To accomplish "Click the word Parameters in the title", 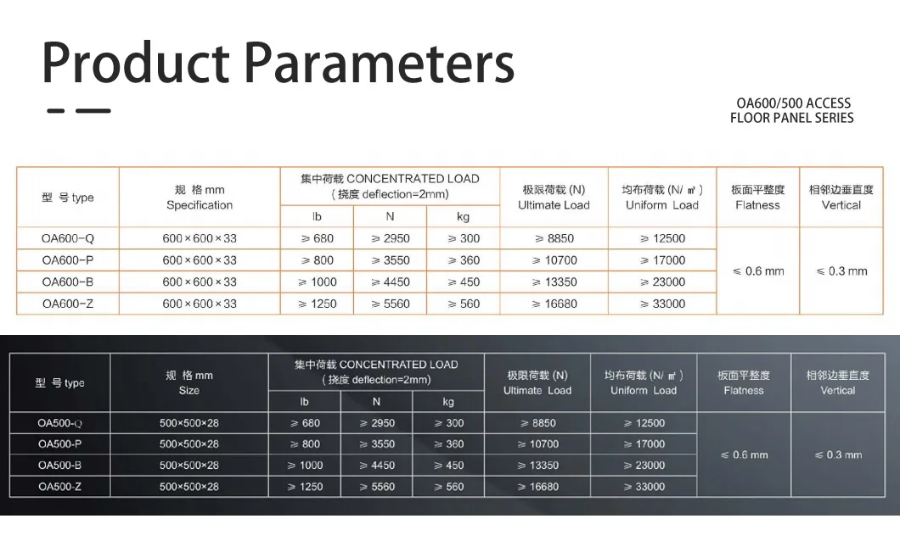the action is pyautogui.click(x=380, y=62).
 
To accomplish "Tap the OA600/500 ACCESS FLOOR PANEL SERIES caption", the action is pyautogui.click(x=792, y=110).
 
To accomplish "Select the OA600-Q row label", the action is pyautogui.click(x=68, y=238).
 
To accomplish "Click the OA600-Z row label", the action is pyautogui.click(x=68, y=304).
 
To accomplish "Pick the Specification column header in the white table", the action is pyautogui.click(x=200, y=205).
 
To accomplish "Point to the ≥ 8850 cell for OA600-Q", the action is pyautogui.click(x=554, y=238).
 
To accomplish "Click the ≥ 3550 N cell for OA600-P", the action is pyautogui.click(x=391, y=260).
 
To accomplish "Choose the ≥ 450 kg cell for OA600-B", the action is pyautogui.click(x=464, y=282).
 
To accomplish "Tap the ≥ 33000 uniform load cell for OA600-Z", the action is pyautogui.click(x=662, y=304).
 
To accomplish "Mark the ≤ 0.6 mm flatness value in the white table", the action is pyautogui.click(x=758, y=271).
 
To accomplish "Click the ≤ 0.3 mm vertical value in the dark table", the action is pyautogui.click(x=838, y=455).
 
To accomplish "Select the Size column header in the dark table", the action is pyautogui.click(x=188, y=391).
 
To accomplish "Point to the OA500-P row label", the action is pyautogui.click(x=59, y=444).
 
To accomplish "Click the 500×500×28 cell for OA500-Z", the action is pyautogui.click(x=188, y=487).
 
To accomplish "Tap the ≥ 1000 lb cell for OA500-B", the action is pyautogui.click(x=305, y=466).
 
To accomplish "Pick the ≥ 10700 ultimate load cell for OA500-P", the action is pyautogui.click(x=537, y=444).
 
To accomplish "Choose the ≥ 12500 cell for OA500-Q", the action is pyautogui.click(x=644, y=423).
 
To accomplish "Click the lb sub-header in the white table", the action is pyautogui.click(x=317, y=216).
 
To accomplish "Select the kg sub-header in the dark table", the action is pyautogui.click(x=448, y=402).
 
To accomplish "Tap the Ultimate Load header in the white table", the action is pyautogui.click(x=554, y=205).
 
